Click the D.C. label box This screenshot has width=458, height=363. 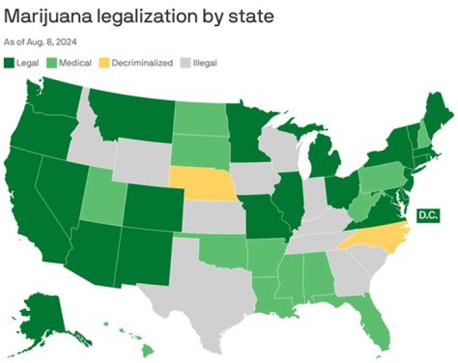[x=427, y=215]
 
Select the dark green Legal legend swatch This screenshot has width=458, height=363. [x=9, y=62]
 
